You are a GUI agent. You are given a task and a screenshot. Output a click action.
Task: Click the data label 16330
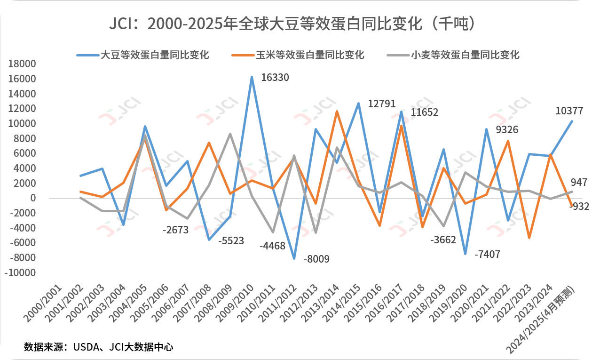click(x=275, y=77)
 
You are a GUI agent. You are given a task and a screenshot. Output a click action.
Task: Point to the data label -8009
click(x=316, y=259)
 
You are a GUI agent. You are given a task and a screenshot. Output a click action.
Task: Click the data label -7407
click(x=487, y=255)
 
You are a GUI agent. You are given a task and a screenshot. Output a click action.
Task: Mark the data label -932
click(x=576, y=206)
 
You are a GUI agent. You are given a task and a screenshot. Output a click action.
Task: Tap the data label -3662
click(x=443, y=240)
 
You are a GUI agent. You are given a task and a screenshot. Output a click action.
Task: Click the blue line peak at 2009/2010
click(x=252, y=77)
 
